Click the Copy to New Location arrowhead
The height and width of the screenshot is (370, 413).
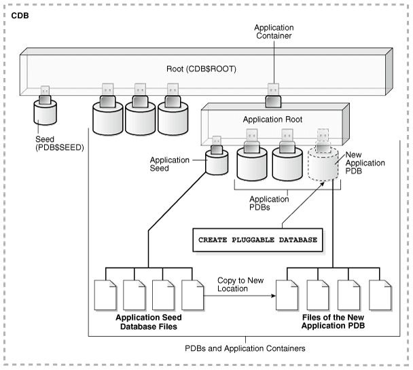click(278, 295)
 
